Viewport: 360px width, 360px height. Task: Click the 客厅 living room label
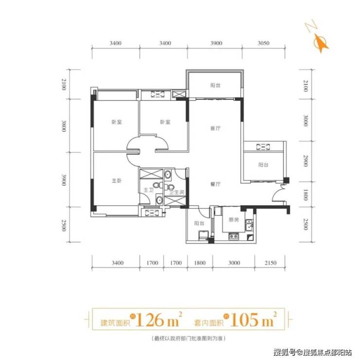[216, 128]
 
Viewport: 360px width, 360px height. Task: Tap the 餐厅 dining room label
[216, 184]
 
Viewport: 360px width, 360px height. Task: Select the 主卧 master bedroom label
[117, 181]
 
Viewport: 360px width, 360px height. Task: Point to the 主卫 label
[148, 190]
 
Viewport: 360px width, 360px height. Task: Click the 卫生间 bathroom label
[177, 192]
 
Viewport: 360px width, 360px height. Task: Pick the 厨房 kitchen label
[234, 220]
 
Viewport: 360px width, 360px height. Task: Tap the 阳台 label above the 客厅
[216, 86]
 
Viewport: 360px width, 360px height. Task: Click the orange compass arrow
[322, 43]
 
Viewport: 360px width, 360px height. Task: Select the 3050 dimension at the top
[263, 43]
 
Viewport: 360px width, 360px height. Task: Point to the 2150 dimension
[270, 263]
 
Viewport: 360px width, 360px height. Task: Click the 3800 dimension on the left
[64, 126]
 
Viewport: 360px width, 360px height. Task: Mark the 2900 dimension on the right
[306, 161]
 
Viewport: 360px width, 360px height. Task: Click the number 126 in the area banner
[149, 320]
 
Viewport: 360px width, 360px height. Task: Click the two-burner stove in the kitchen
[234, 236]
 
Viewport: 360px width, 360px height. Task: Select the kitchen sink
[249, 225]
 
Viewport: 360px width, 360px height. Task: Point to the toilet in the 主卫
[158, 185]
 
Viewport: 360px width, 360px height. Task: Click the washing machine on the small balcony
[203, 236]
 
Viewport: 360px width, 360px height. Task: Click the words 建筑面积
[115, 323]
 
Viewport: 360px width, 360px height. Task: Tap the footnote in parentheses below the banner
[188, 338]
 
